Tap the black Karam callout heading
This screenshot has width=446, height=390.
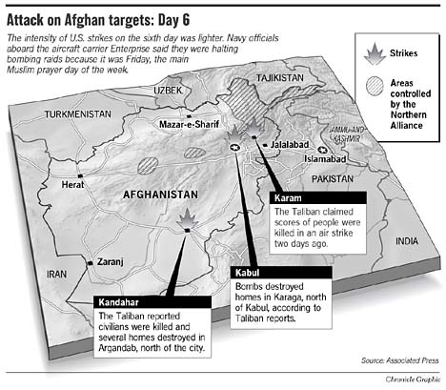tap(288, 196)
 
